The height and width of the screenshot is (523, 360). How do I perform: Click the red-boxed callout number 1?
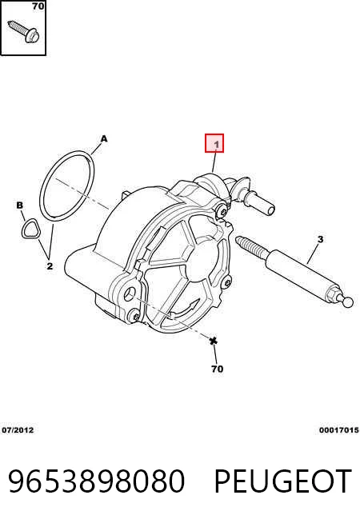coord(216,145)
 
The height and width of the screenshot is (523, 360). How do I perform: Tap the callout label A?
coord(104,139)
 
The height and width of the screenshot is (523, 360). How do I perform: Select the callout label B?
coord(20,206)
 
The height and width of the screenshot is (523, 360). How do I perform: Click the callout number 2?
coord(50,266)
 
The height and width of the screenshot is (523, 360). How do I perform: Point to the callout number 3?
coord(320,239)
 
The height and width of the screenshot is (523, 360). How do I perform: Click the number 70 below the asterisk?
coord(218,369)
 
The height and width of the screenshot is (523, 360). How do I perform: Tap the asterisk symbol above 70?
coord(213,341)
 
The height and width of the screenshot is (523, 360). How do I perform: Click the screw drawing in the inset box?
coord(24,31)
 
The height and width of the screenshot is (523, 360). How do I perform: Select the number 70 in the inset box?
coord(38,6)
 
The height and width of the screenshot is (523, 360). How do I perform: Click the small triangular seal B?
coord(30,229)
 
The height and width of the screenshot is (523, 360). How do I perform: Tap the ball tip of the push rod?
coord(348,302)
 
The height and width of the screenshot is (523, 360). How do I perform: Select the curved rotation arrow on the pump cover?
coord(184,309)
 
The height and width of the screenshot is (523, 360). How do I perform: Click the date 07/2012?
coord(18,430)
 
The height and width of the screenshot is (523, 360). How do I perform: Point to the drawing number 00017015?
coord(338,430)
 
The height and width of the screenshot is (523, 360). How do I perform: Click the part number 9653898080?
coord(97,481)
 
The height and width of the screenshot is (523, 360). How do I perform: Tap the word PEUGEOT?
coord(282,481)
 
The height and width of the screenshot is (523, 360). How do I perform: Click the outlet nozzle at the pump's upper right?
coord(258,202)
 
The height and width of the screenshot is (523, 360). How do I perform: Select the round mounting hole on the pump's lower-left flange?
coord(129,293)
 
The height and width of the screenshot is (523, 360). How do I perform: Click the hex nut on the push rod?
coord(333,293)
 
